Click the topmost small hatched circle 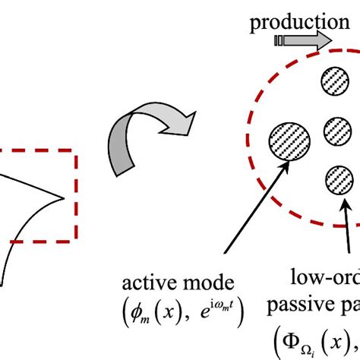[335, 81]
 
